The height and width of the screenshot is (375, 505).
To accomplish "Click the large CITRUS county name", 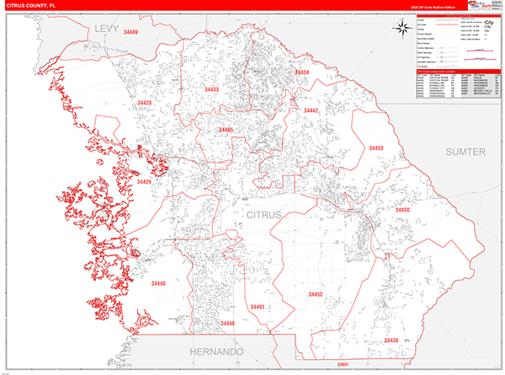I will coord(270,216).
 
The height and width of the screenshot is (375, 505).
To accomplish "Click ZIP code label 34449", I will coord(131,33).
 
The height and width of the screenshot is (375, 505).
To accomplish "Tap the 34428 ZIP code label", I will coord(144,103).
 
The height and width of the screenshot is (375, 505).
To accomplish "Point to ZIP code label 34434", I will coord(301,73).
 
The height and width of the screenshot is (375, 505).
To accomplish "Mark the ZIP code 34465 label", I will coord(226,130).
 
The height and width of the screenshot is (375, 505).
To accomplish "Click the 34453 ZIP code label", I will coord(376,148).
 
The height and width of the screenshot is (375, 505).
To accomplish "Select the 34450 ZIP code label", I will coord(403,209).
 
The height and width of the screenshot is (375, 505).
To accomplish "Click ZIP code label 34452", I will coord(316,294).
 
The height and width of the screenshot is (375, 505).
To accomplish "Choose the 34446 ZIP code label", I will coord(226,323).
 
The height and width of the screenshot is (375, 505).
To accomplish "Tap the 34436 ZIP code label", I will coord(390,340).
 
